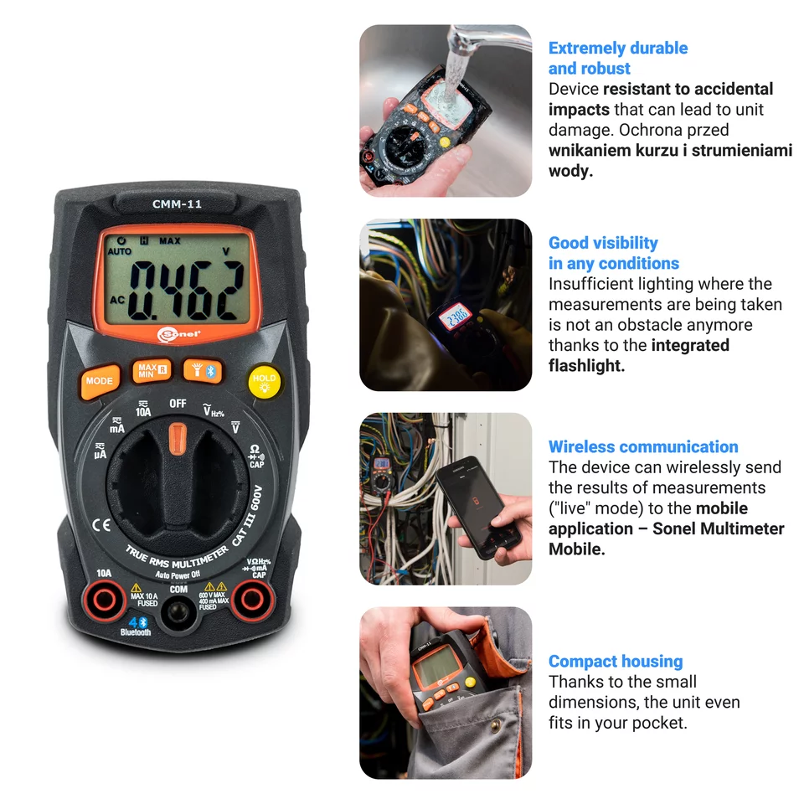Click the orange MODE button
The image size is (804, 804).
99,381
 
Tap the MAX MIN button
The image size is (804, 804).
151,371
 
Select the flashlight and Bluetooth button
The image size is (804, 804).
202,370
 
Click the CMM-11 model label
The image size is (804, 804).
177,204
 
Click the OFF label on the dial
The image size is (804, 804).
178,403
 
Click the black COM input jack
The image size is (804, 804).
178,615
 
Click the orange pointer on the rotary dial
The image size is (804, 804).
178,438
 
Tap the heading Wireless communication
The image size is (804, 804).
643,446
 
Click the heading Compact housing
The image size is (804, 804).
616,662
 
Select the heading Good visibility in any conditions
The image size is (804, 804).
614,253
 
